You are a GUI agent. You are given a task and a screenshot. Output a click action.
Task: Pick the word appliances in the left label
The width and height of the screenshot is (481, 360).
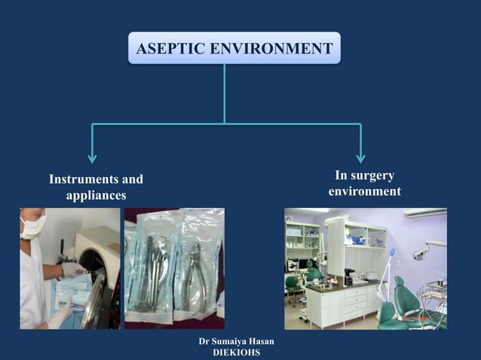(x=96, y=196)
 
